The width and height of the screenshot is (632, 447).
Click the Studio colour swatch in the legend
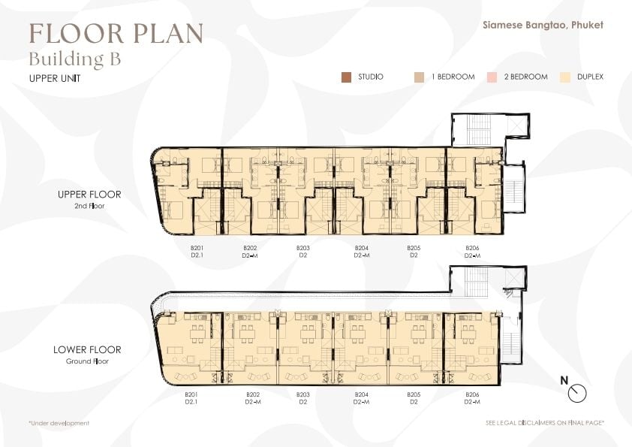coord(346,77)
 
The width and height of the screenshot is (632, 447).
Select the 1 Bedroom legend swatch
coord(419,77)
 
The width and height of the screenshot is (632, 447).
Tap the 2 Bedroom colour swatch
coord(492,77)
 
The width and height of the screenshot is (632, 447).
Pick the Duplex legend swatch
coord(565,77)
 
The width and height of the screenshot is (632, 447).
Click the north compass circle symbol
coord(577,394)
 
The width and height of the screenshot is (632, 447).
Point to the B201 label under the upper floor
coord(197,248)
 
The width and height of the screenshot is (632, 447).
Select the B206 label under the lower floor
coord(472,394)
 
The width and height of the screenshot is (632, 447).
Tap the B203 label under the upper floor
coord(303,248)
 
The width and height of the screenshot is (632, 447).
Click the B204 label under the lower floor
coord(362,394)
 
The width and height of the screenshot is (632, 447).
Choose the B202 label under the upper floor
coord(250,248)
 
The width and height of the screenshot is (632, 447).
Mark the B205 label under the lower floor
coord(414,394)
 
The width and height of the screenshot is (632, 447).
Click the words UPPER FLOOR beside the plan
coord(89,195)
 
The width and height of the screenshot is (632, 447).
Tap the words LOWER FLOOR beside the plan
coord(87,350)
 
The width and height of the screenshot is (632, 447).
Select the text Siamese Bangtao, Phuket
coord(543,25)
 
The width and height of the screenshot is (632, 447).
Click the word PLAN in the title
coord(168,33)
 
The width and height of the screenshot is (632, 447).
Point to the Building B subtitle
coord(75,59)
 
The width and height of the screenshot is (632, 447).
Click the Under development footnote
coord(59,423)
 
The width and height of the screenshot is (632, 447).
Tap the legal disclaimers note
coord(545,423)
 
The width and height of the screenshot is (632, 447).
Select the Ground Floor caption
coord(87,361)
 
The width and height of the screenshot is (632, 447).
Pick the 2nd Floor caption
coord(89,206)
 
